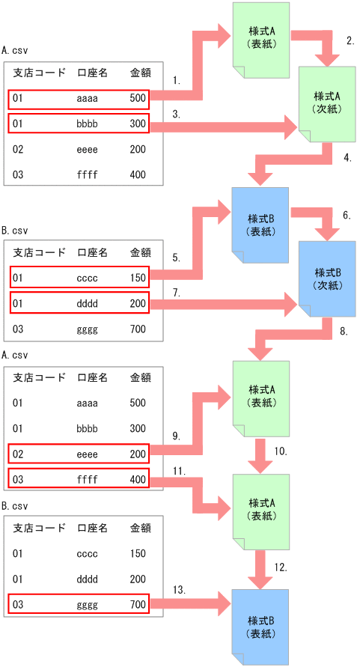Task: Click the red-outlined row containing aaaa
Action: pos(79,98)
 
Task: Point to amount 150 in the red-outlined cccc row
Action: pos(138,278)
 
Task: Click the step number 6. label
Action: pos(347,215)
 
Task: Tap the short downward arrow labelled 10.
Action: pos(260,454)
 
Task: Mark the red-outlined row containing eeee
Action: pos(79,454)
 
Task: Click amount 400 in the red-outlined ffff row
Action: pos(138,478)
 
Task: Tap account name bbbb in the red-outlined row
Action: pos(86,123)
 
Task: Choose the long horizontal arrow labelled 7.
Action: pos(225,303)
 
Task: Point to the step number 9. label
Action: pos(176,436)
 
